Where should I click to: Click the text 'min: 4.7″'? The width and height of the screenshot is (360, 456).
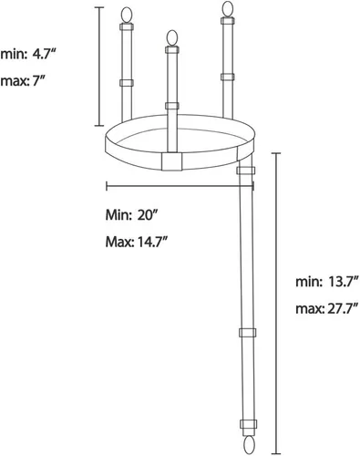[28, 55]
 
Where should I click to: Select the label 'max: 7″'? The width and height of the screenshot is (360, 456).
[23, 81]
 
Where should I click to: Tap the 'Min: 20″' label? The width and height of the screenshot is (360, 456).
[131, 215]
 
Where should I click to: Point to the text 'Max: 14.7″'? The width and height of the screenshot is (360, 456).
[137, 243]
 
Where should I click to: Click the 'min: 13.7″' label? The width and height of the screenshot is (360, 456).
[327, 282]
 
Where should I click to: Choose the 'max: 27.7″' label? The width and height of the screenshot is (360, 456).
[327, 309]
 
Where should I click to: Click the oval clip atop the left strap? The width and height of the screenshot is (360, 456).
[127, 15]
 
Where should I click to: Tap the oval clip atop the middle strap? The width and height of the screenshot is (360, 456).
[172, 38]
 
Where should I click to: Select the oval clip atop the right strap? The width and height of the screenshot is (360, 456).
[228, 9]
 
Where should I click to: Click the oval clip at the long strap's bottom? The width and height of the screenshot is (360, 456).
[248, 446]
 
